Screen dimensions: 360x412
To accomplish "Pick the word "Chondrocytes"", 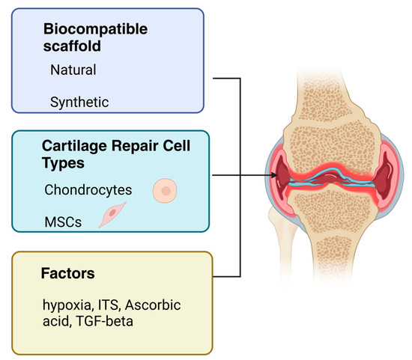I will pyautogui.click(x=87, y=190).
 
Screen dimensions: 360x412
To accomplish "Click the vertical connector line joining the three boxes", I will pyautogui.click(x=240, y=177).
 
